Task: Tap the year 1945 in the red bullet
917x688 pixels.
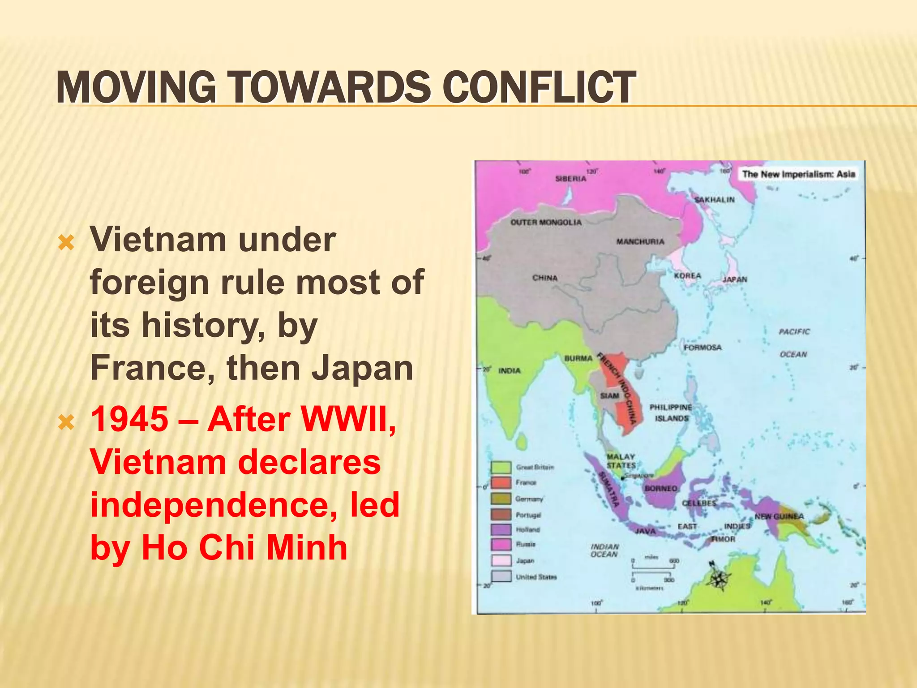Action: pos(130,419)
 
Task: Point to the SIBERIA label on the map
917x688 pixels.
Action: pos(570,179)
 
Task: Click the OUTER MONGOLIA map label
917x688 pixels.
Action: pos(546,222)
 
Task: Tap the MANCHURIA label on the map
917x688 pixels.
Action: pos(640,242)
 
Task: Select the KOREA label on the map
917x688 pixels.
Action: pos(687,276)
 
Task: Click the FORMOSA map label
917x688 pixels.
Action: pos(703,348)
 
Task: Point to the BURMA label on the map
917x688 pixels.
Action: pos(578,358)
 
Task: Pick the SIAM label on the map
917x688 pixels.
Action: pos(609,396)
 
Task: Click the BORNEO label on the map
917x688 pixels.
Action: pos(660,488)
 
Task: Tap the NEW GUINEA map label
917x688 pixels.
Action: pos(779,516)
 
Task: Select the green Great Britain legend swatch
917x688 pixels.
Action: pos(501,468)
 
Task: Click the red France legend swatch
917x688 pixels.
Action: pos(501,483)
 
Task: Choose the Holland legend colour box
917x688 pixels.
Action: pos(501,529)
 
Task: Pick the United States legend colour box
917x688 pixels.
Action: pos(501,576)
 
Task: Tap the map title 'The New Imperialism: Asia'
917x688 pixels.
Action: pos(798,174)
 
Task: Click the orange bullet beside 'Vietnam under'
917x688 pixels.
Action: pos(66,244)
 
